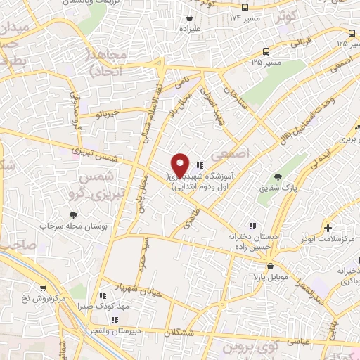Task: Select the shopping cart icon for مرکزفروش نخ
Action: pos(44,288)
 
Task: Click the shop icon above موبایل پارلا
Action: pos(270,265)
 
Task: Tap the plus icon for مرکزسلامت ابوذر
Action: pos(328,229)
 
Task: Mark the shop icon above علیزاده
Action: pos(188,18)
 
